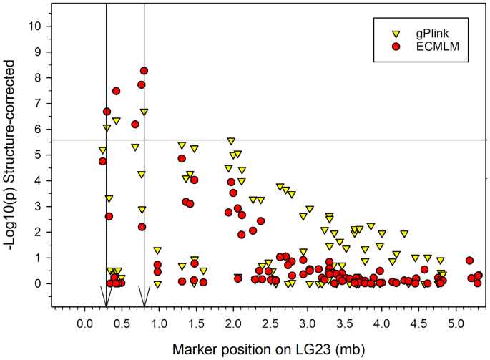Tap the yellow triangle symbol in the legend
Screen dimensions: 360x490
click(x=395, y=34)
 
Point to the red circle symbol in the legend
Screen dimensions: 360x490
click(x=395, y=47)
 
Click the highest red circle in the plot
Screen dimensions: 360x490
click(x=144, y=71)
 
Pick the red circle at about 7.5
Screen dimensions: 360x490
click(x=116, y=91)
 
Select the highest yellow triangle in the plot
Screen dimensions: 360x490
click(x=144, y=112)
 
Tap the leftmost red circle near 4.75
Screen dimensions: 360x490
click(x=102, y=161)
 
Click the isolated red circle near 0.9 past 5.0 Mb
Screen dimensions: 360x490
click(x=469, y=261)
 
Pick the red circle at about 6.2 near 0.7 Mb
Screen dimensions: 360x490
click(x=134, y=124)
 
